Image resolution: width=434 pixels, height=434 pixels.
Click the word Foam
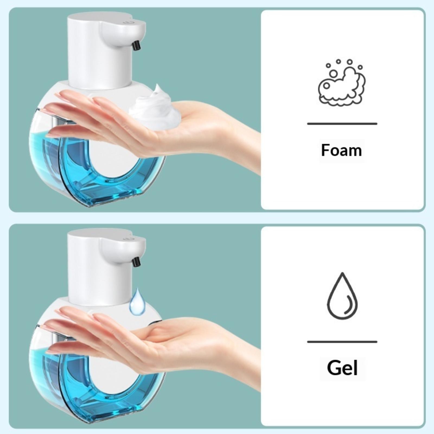click(342, 151)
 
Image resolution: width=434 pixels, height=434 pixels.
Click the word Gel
click(342, 368)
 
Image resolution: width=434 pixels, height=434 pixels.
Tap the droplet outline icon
click(342, 296)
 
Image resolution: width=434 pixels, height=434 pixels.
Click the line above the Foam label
click(342, 124)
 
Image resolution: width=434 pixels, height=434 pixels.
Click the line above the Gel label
click(342, 342)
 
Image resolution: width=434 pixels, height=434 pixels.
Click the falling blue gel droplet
click(137, 302)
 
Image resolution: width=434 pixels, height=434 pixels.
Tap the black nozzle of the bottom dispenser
click(137, 262)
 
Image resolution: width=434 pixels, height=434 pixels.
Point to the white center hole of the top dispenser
click(108, 160)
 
